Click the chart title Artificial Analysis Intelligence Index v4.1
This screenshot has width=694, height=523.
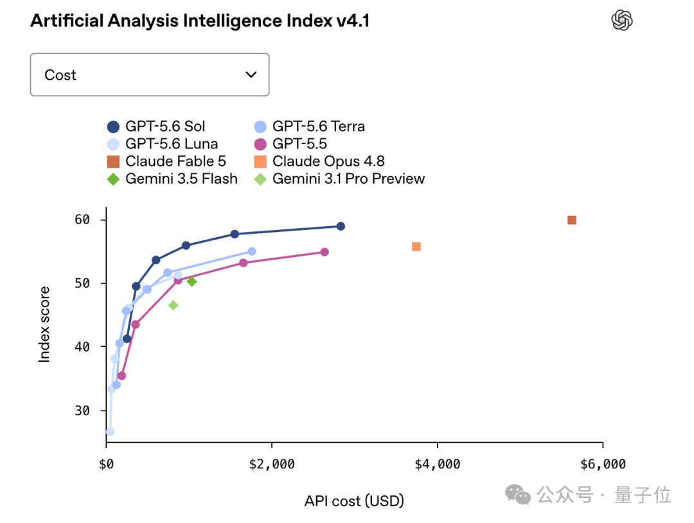click(x=200, y=21)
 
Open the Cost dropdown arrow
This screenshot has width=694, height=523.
click(x=251, y=75)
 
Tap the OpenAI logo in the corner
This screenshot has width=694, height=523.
click(x=622, y=21)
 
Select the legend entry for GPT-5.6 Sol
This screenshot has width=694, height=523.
click(x=156, y=127)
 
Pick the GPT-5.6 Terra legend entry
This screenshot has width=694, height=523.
click(x=310, y=127)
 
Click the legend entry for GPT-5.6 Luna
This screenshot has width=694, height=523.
click(x=163, y=144)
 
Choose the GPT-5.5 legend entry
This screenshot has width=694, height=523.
click(x=291, y=144)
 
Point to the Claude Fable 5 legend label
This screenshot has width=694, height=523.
click(x=175, y=161)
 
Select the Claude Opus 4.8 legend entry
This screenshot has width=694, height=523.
click(x=319, y=161)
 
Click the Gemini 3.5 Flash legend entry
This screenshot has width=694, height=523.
click(x=172, y=179)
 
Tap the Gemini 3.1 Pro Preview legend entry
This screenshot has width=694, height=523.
click(x=339, y=179)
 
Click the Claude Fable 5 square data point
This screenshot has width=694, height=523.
click(x=572, y=220)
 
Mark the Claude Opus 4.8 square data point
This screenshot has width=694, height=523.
click(x=416, y=247)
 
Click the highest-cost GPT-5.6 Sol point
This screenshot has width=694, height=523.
click(x=341, y=226)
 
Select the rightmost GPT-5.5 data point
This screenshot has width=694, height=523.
click(x=325, y=252)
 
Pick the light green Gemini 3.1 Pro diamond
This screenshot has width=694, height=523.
click(x=173, y=305)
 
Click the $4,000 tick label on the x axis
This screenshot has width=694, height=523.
click(x=438, y=464)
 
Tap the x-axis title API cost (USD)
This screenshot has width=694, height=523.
click(x=354, y=501)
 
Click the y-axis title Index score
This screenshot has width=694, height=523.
click(x=44, y=324)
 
